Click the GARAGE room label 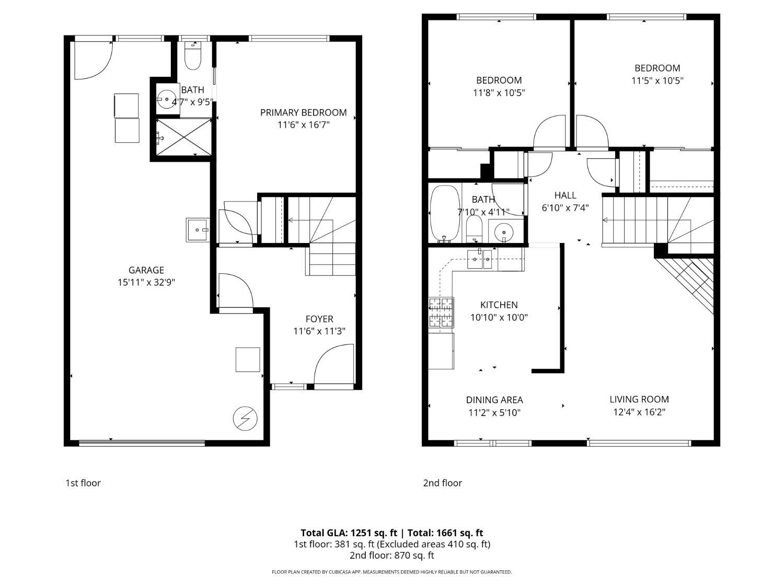pos(146,270)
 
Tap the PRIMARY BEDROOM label pos(303,112)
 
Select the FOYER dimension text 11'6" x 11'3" pos(319,331)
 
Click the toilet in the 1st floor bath pos(193,56)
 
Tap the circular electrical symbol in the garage pos(245,418)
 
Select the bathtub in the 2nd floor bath pos(444,213)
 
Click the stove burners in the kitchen pos(441,312)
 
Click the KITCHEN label pos(499,305)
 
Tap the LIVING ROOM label pos(639,399)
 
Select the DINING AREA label pos(494,400)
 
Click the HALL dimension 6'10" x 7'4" pos(565,207)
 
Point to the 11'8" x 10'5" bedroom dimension pos(499,93)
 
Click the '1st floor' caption pos(83,483)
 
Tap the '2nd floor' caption pos(442,483)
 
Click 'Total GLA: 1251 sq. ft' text pos(348,533)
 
